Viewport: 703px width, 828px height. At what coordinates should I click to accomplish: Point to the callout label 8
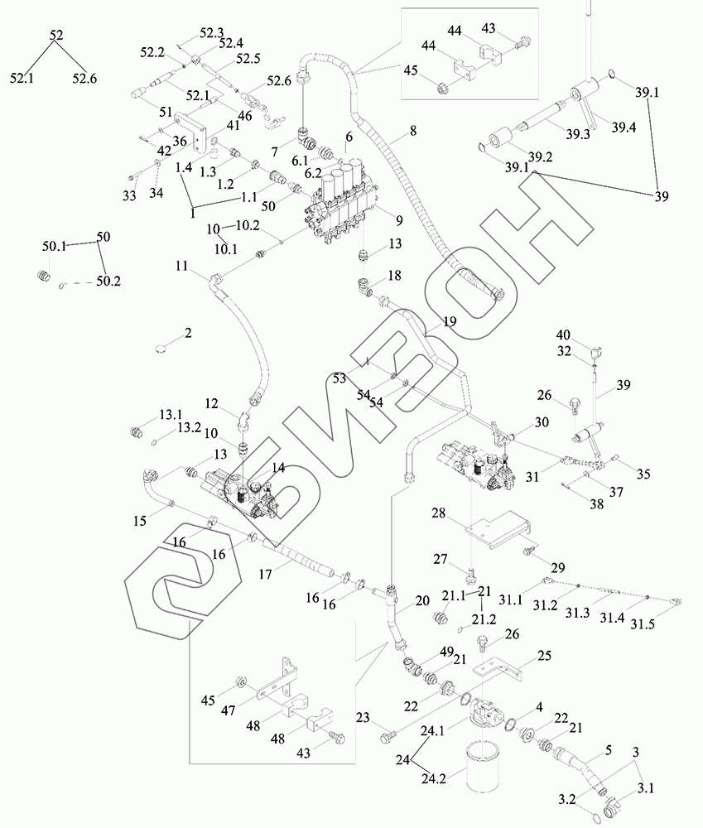tap(412, 131)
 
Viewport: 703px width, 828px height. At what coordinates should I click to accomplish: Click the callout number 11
tap(181, 266)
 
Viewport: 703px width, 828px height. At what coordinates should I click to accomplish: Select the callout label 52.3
tap(212, 34)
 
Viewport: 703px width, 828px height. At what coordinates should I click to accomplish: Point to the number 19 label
tap(448, 320)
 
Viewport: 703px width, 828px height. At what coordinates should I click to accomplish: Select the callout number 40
tap(587, 335)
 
